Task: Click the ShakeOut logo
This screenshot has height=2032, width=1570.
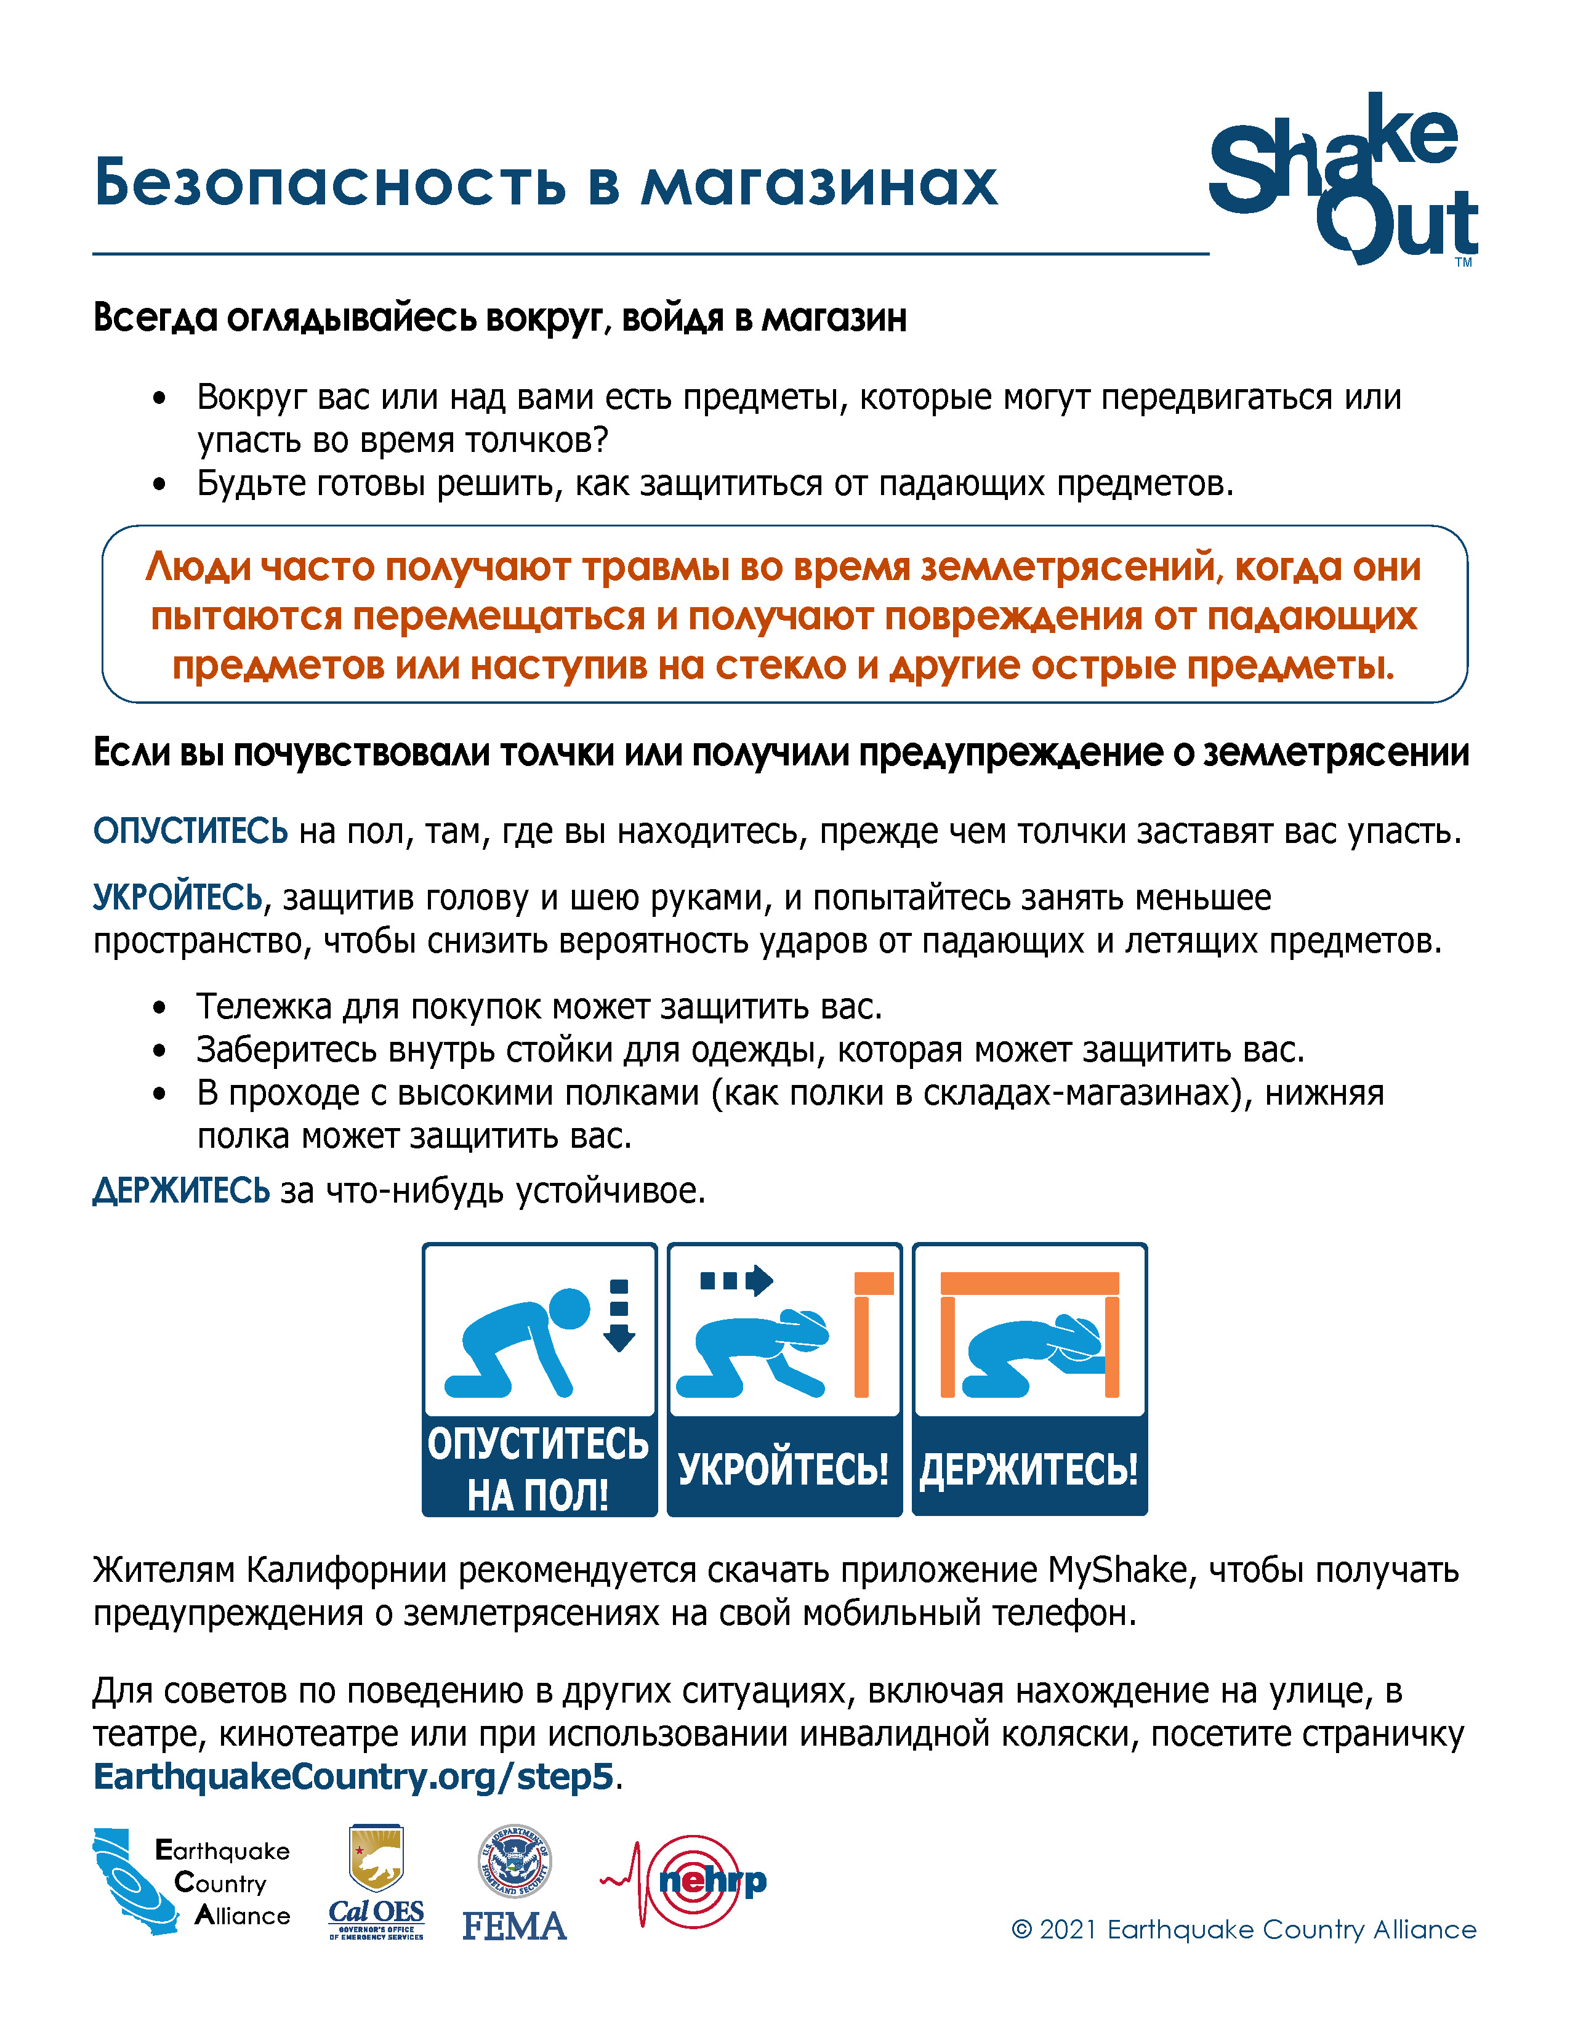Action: click(1342, 179)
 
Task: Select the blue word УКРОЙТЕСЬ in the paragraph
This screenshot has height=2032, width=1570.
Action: click(177, 898)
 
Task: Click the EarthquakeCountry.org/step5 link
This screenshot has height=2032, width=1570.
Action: click(353, 1776)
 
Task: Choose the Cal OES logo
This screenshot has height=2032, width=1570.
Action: click(376, 1882)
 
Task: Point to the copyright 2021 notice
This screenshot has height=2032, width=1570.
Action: click(1242, 1930)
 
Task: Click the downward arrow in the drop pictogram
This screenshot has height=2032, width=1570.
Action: click(619, 1315)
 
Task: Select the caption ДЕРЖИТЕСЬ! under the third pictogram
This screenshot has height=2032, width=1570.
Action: click(1029, 1469)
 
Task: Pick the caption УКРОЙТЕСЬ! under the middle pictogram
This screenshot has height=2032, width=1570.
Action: click(783, 1469)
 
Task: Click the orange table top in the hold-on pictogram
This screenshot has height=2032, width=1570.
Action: click(1029, 1284)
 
